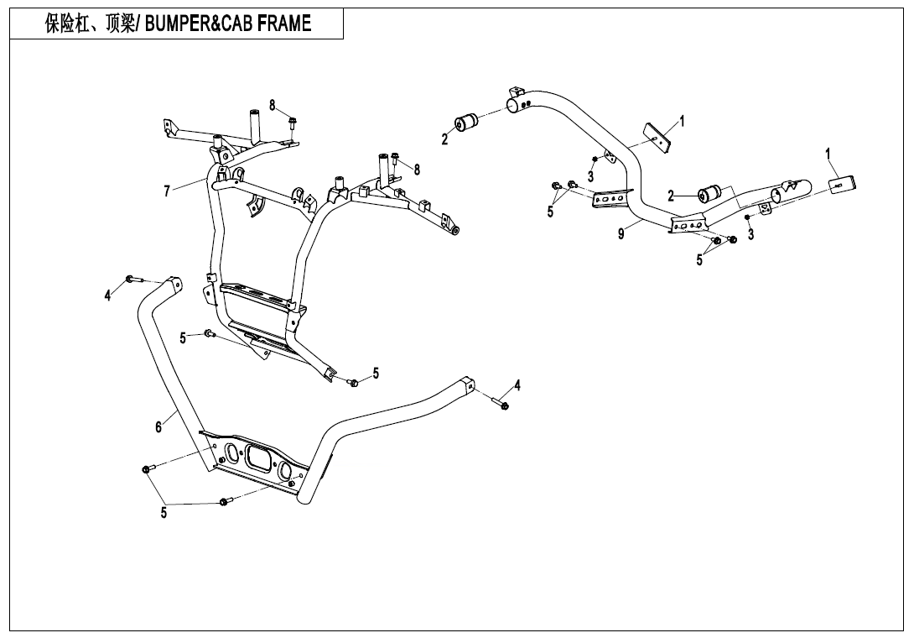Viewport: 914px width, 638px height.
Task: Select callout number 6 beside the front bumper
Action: [158, 426]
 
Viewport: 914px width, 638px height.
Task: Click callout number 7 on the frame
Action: [168, 191]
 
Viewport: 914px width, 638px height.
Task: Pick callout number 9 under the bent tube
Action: [621, 234]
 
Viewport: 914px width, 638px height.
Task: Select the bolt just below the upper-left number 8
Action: [292, 123]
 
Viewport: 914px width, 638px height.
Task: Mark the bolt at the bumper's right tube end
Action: [503, 406]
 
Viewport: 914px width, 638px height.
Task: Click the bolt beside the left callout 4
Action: [130, 279]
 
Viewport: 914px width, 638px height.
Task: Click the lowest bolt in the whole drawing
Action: [224, 502]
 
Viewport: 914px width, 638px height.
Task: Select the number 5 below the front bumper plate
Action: [164, 512]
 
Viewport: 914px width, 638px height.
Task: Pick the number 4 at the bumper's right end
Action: [517, 385]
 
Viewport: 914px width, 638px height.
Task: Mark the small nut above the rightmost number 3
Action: [746, 217]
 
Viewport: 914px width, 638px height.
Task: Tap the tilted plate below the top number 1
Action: [659, 137]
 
